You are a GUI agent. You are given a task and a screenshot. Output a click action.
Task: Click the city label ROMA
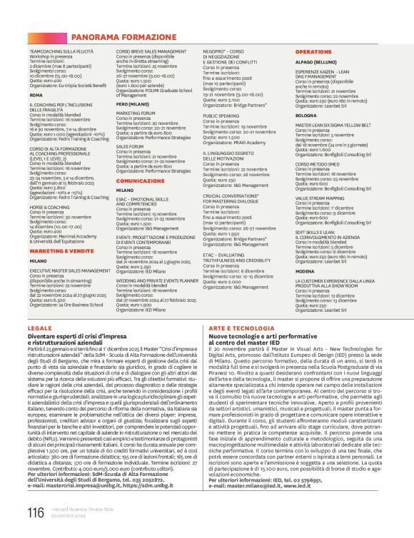point(36,94)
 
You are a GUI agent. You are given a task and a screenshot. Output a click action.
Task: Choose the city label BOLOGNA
point(306,115)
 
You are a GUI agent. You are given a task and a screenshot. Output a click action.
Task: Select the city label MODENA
point(305,272)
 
